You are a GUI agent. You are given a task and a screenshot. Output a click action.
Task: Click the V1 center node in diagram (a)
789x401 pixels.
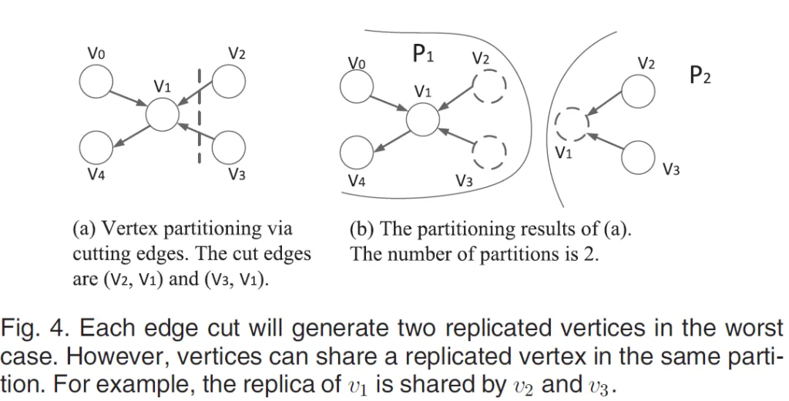click(163, 115)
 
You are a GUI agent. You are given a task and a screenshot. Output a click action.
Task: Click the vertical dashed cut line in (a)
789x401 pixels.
click(199, 115)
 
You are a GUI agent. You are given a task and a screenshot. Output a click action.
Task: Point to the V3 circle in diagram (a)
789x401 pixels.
click(228, 147)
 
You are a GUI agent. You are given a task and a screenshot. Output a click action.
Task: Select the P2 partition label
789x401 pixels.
click(700, 75)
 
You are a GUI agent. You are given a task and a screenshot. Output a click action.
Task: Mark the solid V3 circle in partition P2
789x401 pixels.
click(639, 158)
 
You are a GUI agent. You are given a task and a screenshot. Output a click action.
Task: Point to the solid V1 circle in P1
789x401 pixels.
click(422, 119)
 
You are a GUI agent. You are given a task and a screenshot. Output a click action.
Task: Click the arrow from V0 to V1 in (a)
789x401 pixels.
click(128, 98)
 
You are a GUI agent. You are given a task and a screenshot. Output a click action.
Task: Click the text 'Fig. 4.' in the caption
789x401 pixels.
click(34, 329)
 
